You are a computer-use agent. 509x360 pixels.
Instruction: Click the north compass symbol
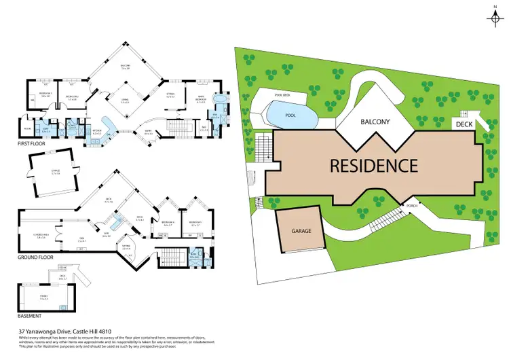pyautogui.click(x=493, y=15)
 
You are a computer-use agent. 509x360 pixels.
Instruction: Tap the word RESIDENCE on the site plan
pyautogui.click(x=373, y=165)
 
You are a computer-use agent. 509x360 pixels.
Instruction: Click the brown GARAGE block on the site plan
pyautogui.click(x=302, y=232)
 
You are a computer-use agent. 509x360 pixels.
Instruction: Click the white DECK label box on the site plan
pyautogui.click(x=464, y=124)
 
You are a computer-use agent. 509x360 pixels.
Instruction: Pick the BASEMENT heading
pyautogui.click(x=31, y=316)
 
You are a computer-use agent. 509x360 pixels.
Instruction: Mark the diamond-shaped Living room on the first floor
pyautogui.click(x=126, y=101)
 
